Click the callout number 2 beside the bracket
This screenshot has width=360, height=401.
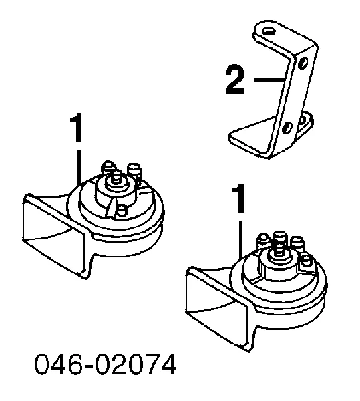[x=235, y=80]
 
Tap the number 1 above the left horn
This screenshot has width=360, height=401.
[x=77, y=128]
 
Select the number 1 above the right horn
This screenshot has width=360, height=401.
[x=238, y=198]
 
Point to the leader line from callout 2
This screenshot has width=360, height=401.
[x=269, y=80]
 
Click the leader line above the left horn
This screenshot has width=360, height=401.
[x=79, y=168]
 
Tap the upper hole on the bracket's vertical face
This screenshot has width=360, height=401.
[x=303, y=62]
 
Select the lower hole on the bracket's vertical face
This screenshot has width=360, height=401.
[x=287, y=128]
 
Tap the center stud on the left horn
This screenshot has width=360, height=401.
[x=116, y=176]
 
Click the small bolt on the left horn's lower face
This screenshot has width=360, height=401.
[x=122, y=211]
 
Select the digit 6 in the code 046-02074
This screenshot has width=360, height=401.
[x=75, y=364]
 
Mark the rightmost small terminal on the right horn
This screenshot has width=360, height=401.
[x=306, y=261]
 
